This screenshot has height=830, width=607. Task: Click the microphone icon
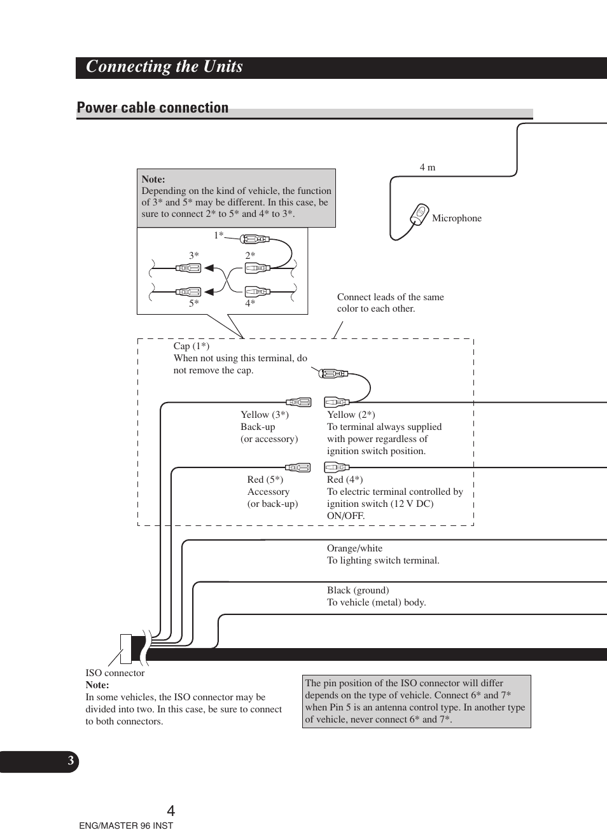(x=419, y=214)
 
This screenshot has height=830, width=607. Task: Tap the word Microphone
(x=456, y=218)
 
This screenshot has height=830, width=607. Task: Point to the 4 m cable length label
(x=428, y=167)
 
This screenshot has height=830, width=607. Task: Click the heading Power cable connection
(x=153, y=107)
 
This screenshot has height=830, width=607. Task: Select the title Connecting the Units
(x=164, y=67)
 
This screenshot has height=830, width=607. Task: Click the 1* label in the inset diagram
(x=218, y=235)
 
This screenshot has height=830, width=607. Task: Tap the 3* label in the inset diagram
(x=193, y=256)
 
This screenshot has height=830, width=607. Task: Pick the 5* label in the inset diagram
(x=193, y=303)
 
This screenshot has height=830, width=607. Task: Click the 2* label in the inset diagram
(x=250, y=256)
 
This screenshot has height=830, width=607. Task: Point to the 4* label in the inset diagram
(x=250, y=303)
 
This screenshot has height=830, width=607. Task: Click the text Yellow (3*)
(x=264, y=415)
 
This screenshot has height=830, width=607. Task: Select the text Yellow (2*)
(x=351, y=415)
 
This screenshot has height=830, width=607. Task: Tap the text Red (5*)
(x=265, y=480)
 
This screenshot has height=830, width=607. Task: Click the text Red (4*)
(x=345, y=480)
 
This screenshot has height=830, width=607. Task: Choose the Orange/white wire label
(x=354, y=548)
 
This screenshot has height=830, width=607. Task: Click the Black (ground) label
(x=358, y=590)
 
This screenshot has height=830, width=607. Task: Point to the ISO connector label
(x=115, y=673)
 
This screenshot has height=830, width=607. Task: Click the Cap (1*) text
(x=191, y=346)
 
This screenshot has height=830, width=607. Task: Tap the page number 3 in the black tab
(x=71, y=761)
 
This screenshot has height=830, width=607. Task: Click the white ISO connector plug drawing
(x=125, y=649)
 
